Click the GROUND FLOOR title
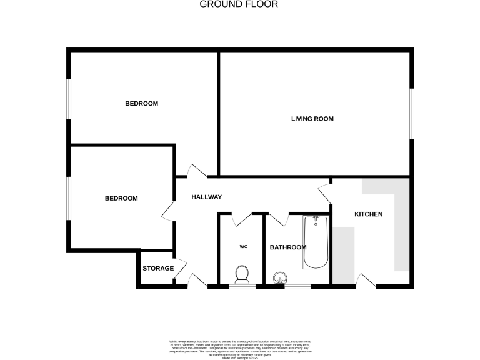239,4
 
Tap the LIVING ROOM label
312,119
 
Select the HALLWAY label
206,197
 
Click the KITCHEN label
368,214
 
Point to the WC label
243,247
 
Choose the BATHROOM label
287,247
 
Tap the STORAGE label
157,269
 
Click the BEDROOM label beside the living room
141,104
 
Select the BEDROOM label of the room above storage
121,198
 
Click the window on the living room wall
411,112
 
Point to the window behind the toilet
242,286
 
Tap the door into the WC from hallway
241,218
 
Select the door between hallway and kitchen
325,194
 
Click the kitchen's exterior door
366,281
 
